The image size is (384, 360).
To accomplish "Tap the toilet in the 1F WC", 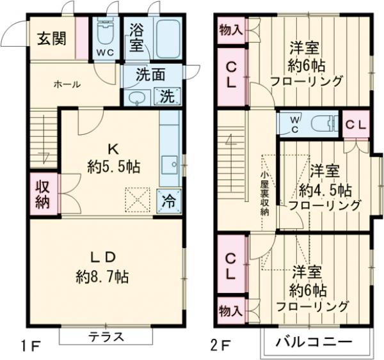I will pyautogui.click(x=104, y=32).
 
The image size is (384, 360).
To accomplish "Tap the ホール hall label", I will pyautogui.click(x=67, y=84).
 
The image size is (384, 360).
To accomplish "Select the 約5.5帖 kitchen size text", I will pyautogui.click(x=113, y=168).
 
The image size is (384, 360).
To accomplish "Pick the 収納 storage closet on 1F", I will pyautogui.click(x=43, y=194).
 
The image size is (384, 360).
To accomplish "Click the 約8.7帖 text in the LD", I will pyautogui.click(x=102, y=278).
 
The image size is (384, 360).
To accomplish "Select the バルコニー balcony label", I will pyautogui.click(x=314, y=342).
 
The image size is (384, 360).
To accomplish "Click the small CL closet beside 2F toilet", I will pyautogui.click(x=356, y=124).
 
